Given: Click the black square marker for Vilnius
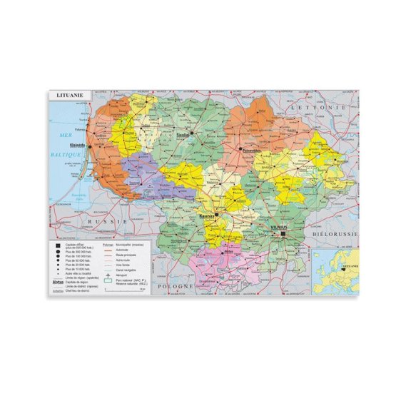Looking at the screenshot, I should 283,233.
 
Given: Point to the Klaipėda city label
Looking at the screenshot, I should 76,146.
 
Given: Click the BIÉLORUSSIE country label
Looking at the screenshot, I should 334,233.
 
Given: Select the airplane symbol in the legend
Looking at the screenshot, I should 108,274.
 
